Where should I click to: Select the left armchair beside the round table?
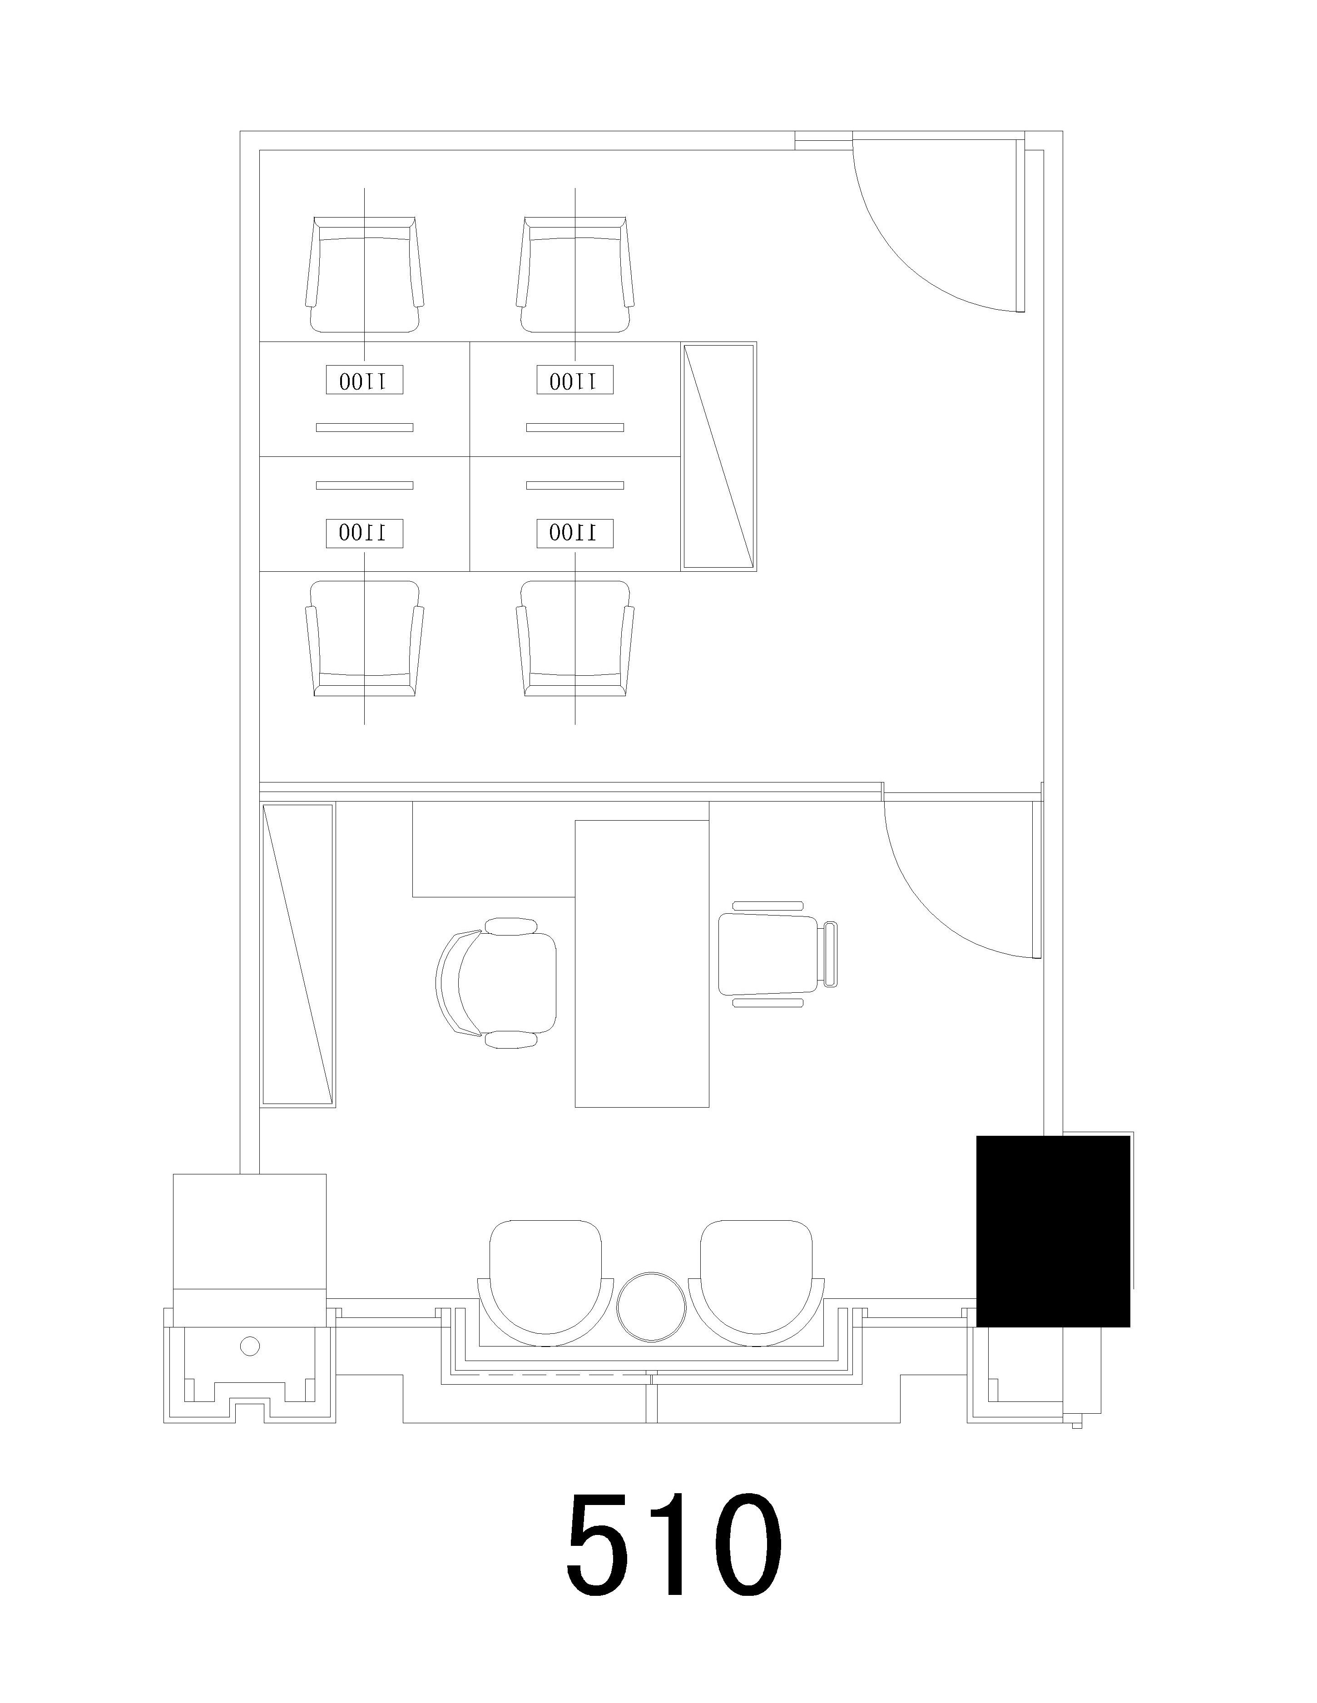click(545, 1283)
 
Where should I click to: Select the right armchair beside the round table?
click(756, 1283)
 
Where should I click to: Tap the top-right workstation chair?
click(574, 274)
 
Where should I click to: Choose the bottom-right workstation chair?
click(574, 638)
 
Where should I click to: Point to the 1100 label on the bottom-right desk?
click(574, 533)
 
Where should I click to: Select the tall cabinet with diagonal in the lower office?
click(298, 955)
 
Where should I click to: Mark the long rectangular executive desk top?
click(642, 963)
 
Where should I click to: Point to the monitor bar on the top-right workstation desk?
click(574, 427)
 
